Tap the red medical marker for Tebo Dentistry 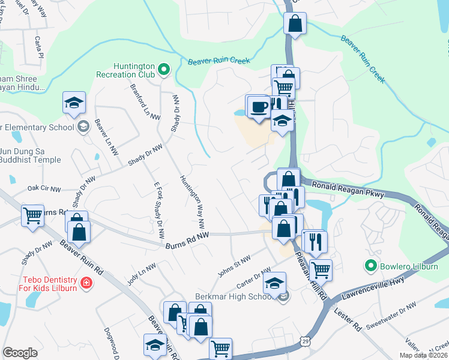click(x=86, y=282)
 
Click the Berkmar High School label click(x=235, y=297)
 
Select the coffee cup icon click(x=259, y=107)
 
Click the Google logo click(x=20, y=353)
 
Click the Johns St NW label click(x=234, y=264)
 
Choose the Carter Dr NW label click(x=255, y=279)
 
